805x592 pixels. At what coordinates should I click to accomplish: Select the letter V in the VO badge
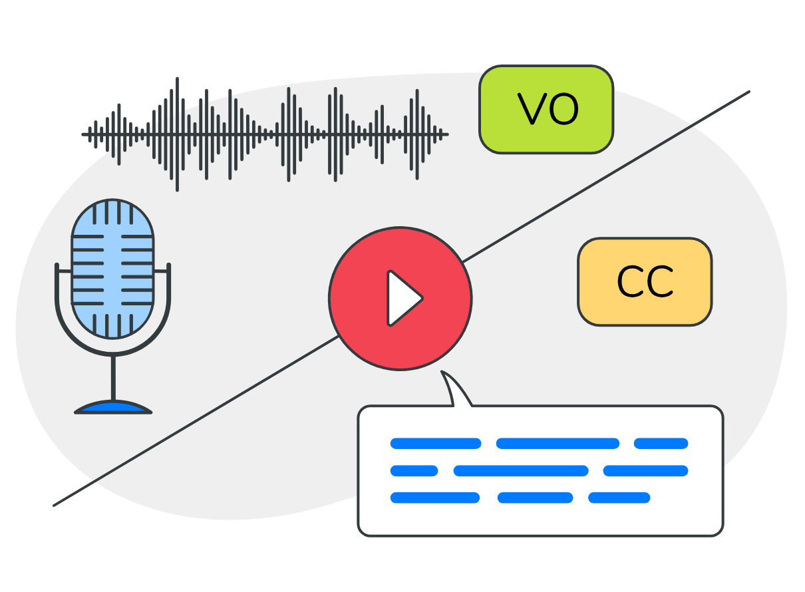pyautogui.click(x=532, y=110)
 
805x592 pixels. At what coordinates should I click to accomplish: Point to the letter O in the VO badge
pyautogui.click(x=563, y=110)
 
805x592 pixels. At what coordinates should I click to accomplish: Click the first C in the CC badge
pyautogui.click(x=630, y=283)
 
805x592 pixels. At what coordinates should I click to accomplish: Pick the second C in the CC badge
pyautogui.click(x=660, y=283)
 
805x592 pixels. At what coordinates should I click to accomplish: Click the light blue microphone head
pyautogui.click(x=112, y=268)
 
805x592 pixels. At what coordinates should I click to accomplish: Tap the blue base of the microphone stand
pyautogui.click(x=113, y=407)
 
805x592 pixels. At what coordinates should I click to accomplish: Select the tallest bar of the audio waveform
pyautogui.click(x=177, y=134)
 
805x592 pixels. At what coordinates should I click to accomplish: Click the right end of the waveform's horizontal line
pyautogui.click(x=446, y=134)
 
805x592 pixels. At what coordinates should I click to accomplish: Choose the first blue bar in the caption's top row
pyautogui.click(x=435, y=444)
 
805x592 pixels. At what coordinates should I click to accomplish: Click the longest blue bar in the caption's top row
pyautogui.click(x=558, y=444)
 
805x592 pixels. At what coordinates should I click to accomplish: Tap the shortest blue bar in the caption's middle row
pyautogui.click(x=414, y=471)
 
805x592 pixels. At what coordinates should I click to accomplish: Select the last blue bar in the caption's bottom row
pyautogui.click(x=619, y=498)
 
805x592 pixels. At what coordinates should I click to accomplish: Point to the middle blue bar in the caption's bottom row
pyautogui.click(x=535, y=498)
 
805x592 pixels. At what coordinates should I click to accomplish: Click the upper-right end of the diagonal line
pyautogui.click(x=748, y=92)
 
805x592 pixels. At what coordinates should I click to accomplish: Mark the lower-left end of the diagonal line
pyautogui.click(x=55, y=505)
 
